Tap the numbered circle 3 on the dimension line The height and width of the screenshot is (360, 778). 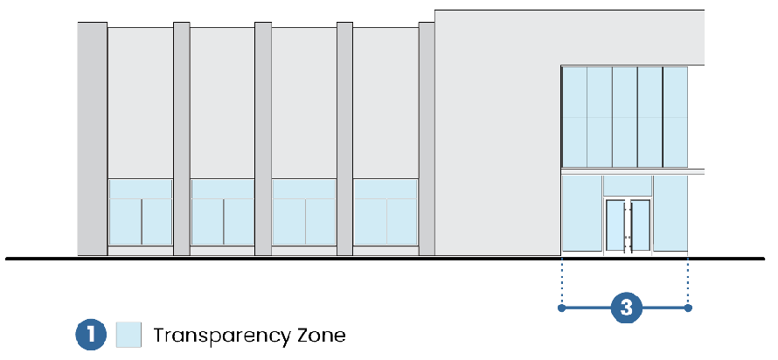coord(626,308)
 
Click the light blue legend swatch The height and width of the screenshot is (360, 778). coord(129,335)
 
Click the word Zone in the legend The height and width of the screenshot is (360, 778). coord(321,335)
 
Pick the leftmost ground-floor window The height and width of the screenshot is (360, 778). coord(140,212)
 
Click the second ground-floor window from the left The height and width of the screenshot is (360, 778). coord(222,212)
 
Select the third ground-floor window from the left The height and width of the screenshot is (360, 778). coord(304,212)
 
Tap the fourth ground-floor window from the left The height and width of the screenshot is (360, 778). coord(386,212)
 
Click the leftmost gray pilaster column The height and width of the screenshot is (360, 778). coord(92,139)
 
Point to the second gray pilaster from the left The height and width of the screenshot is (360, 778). coord(182,139)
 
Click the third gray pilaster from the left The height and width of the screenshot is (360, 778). coord(263,139)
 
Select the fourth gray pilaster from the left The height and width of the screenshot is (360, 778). coord(344,139)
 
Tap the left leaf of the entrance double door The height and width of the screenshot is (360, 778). coord(616,226)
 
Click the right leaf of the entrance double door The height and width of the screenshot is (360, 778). coord(640,226)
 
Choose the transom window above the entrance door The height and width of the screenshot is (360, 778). coord(628,185)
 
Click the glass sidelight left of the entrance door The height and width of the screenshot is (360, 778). coord(582,213)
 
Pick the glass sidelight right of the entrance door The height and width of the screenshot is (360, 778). coord(670,213)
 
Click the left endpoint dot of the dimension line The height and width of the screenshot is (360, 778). coord(561,308)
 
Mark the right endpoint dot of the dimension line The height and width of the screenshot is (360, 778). coord(689,308)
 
